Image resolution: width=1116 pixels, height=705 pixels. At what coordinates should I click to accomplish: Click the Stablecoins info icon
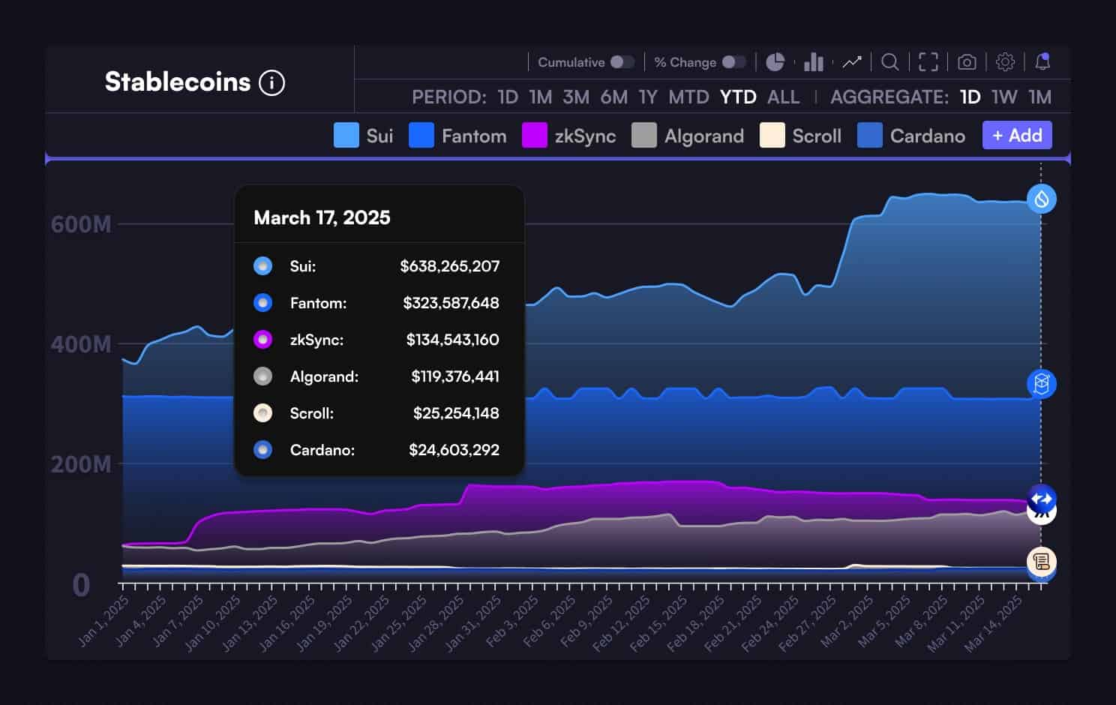(271, 82)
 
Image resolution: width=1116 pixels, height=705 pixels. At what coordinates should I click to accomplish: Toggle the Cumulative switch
(622, 62)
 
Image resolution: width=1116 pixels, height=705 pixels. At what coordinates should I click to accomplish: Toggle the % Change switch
(733, 62)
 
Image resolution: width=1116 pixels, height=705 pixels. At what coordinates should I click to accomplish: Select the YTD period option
(738, 97)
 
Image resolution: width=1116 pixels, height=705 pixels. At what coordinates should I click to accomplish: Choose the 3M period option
(576, 97)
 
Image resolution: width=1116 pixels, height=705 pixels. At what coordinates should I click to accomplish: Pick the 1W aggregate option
(1004, 97)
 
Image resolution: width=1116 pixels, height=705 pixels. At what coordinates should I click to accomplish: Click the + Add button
(1017, 135)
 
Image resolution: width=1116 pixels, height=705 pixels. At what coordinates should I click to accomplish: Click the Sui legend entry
(364, 136)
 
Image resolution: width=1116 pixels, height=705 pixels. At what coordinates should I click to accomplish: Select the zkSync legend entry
(569, 136)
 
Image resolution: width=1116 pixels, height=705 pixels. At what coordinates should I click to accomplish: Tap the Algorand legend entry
(688, 136)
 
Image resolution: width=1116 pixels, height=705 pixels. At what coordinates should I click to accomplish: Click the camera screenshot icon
(967, 62)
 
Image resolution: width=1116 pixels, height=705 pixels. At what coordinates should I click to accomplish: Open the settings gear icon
(1005, 62)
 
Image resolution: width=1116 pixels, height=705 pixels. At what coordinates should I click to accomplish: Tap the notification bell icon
(1042, 62)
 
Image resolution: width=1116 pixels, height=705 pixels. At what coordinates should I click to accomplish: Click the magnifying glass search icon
(889, 62)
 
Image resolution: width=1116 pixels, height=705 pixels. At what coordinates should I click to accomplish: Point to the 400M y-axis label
(81, 344)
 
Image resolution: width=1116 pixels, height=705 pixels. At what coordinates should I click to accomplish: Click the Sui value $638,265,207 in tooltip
(449, 266)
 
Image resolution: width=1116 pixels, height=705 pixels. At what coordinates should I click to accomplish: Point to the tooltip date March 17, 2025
(322, 217)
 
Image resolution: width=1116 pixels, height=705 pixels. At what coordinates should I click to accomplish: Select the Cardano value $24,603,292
(454, 450)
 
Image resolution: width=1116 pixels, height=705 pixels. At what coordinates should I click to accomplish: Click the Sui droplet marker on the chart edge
(1041, 199)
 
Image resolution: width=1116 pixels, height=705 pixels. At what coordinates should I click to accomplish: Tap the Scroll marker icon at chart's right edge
(1041, 560)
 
